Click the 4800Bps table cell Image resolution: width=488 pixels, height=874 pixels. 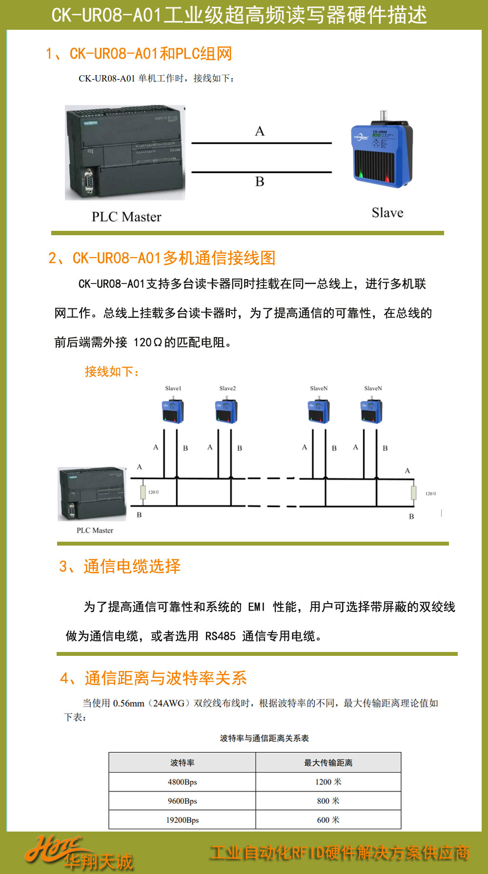[182, 782]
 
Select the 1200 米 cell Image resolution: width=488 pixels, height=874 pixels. [328, 782]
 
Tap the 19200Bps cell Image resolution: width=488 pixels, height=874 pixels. [182, 820]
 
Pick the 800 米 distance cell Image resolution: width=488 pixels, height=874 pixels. [328, 801]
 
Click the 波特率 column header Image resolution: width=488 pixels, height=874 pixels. [182, 763]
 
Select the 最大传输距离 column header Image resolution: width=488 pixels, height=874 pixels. [328, 763]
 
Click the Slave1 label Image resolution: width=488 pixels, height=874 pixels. [173, 388]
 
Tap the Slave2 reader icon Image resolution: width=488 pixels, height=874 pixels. [226, 411]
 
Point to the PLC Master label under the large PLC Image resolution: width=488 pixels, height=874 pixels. [126, 217]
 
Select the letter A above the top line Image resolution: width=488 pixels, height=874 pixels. [260, 131]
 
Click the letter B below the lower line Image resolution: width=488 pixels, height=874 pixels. [260, 182]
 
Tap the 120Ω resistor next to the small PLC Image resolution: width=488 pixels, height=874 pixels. [143, 492]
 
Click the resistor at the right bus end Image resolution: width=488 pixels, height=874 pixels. [413, 493]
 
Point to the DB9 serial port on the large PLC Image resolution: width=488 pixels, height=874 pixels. [89, 181]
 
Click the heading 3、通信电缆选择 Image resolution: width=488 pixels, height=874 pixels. [120, 566]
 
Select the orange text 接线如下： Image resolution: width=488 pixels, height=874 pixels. [112, 372]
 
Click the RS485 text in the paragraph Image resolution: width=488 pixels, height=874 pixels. [220, 636]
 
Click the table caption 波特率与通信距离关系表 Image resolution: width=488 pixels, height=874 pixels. [264, 738]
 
